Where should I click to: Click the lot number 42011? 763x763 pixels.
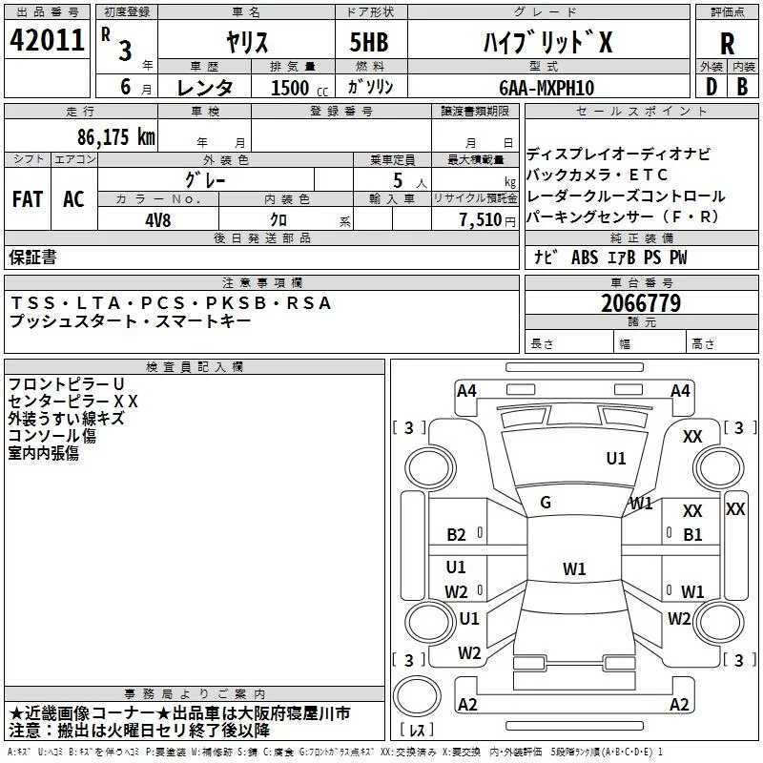click(47, 40)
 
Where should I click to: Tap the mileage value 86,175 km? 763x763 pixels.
click(116, 137)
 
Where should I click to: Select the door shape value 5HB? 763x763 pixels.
click(369, 42)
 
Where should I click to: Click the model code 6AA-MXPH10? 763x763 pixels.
click(546, 88)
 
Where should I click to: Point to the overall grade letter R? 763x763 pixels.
click(727, 44)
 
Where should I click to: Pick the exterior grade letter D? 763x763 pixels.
click(711, 87)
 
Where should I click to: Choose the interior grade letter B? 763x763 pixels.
click(742, 87)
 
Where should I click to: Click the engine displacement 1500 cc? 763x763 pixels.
click(299, 88)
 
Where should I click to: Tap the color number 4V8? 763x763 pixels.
click(158, 220)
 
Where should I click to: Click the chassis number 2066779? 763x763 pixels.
click(641, 303)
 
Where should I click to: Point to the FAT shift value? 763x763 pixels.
click(28, 199)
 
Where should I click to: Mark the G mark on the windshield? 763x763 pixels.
click(546, 503)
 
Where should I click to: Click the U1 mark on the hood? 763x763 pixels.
click(615, 459)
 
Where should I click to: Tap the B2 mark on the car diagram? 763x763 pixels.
click(456, 535)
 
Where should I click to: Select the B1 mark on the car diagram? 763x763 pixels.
click(692, 535)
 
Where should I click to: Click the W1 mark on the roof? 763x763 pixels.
click(574, 568)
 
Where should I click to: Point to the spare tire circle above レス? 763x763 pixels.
click(417, 696)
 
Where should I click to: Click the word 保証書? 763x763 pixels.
click(32, 257)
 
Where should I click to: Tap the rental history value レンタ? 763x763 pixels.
click(204, 88)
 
